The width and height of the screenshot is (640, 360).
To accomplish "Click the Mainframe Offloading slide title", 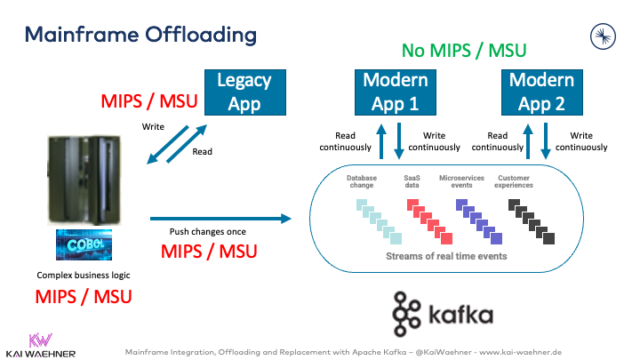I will [x=140, y=35].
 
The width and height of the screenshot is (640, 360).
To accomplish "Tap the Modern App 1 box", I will [x=396, y=92].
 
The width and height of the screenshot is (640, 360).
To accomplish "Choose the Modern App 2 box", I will [x=541, y=92].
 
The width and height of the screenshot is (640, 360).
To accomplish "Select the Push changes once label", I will [x=209, y=232].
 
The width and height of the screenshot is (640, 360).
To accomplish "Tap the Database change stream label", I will [x=362, y=182].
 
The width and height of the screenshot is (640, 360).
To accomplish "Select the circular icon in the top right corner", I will [x=604, y=36].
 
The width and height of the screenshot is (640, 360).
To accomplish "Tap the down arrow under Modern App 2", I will [x=545, y=140].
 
